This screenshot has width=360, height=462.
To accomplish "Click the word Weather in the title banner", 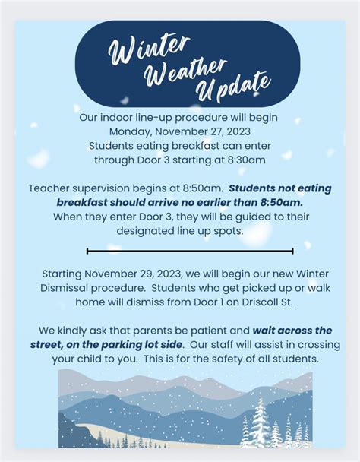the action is coord(185,71).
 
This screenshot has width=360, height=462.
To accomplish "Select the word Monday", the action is coord(131,131).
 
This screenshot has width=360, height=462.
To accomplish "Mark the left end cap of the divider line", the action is coord(87,251).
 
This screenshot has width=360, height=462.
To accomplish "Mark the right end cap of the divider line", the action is coord(292,251).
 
